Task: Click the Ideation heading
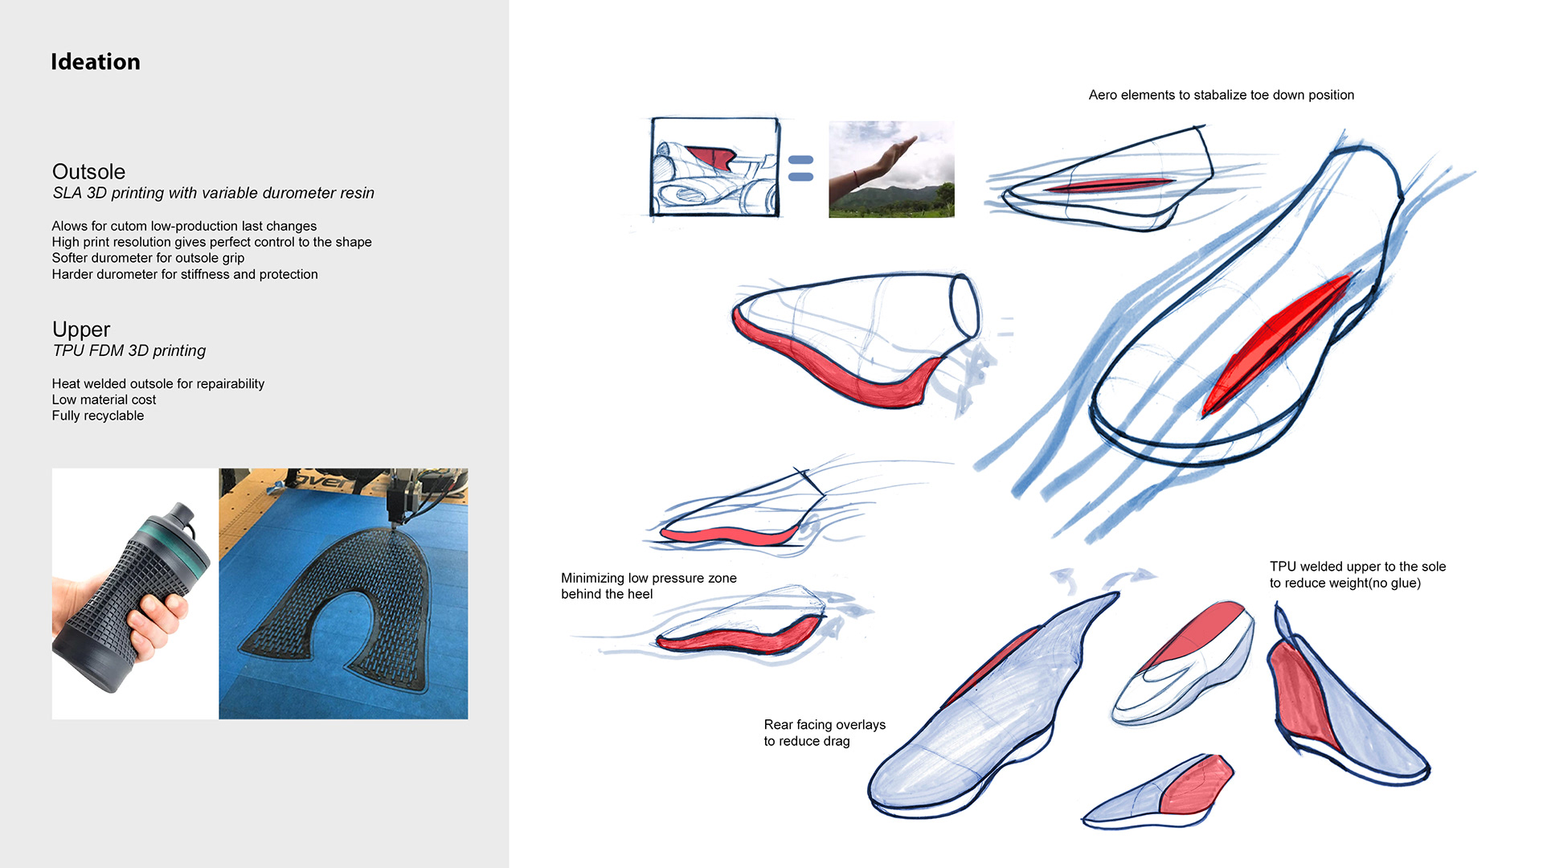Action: [x=96, y=62]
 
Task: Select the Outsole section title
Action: [x=88, y=171]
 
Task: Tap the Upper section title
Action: [x=81, y=330]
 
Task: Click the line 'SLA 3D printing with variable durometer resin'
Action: [x=214, y=193]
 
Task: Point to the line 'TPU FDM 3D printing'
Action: [x=129, y=350]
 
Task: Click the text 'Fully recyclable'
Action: [x=98, y=416]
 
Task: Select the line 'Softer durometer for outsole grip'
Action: [x=148, y=258]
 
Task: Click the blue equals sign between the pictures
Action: [x=800, y=168]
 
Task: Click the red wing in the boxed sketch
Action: [x=712, y=157]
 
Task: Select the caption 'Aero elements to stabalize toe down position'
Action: [x=1221, y=95]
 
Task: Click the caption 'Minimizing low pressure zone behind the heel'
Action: [x=649, y=586]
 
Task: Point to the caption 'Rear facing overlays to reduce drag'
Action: [x=825, y=733]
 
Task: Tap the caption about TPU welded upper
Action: [x=1357, y=575]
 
